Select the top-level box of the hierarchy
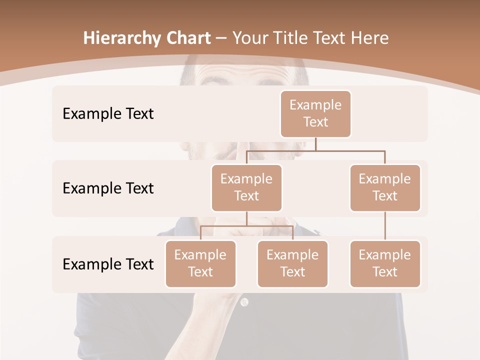[315, 113]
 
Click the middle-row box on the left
[246, 187]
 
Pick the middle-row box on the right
[385, 187]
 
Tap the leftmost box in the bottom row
[200, 263]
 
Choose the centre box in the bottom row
[292, 263]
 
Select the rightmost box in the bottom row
[385, 263]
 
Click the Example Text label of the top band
[108, 113]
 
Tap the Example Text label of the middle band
[108, 188]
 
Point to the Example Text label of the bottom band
[108, 264]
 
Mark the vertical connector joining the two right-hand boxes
[385, 226]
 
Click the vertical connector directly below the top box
[315, 144]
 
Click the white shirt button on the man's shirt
[244, 302]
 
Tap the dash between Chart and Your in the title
[221, 38]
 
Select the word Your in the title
[250, 38]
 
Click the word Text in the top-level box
[315, 122]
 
